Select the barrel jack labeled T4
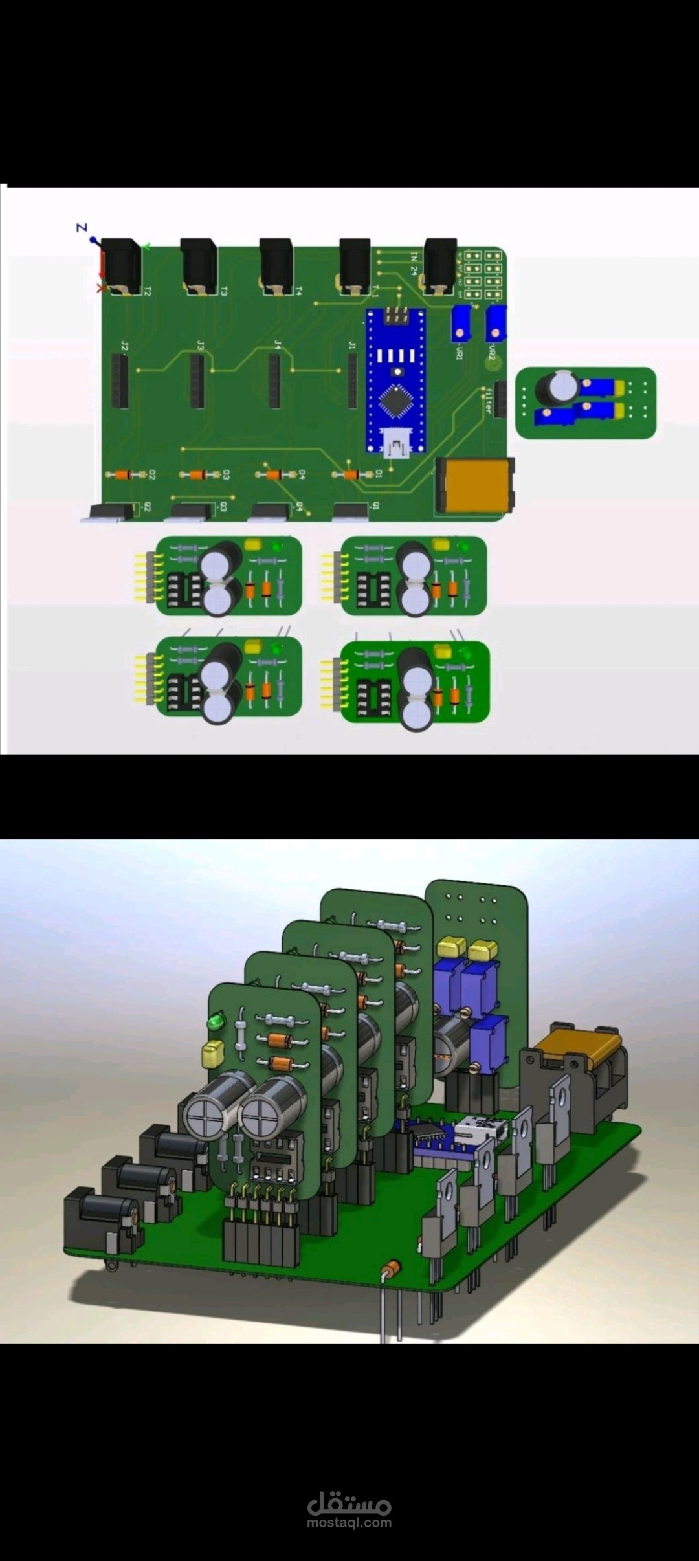click(276, 265)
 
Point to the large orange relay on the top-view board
click(474, 485)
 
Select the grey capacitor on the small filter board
click(556, 387)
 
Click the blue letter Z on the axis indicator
click(82, 228)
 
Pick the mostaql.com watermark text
click(349, 1522)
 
